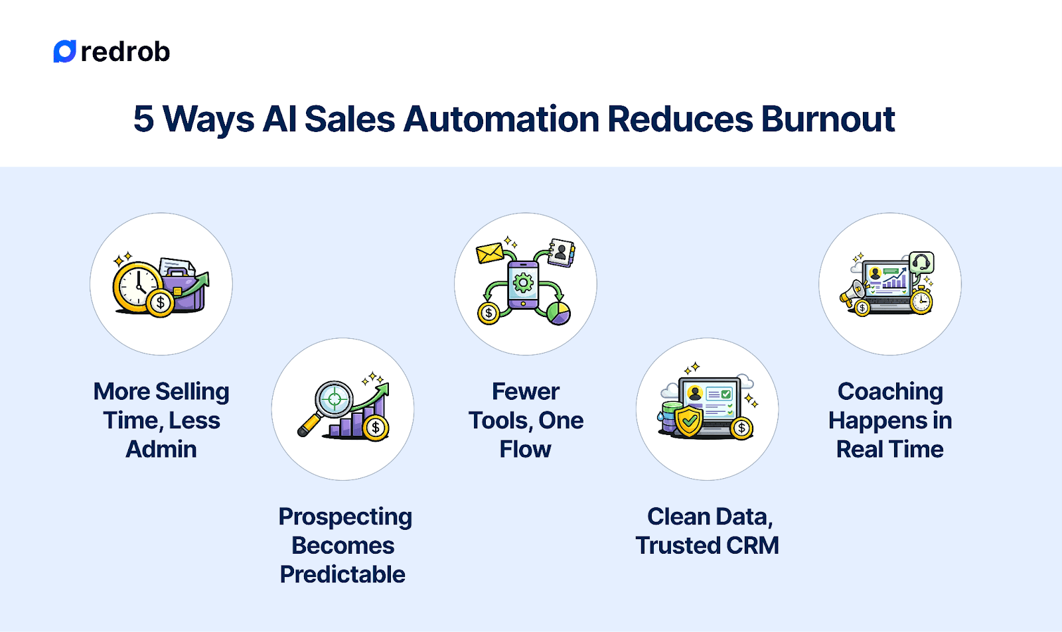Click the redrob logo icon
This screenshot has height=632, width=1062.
[64, 52]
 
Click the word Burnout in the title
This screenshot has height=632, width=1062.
[828, 119]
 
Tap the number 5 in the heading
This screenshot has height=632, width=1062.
[143, 119]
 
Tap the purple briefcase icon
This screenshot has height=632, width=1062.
[183, 290]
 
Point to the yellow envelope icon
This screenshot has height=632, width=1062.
[490, 253]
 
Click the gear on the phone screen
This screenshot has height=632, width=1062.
[523, 283]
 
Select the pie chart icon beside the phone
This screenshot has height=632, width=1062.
[558, 312]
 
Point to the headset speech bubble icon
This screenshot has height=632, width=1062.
[921, 263]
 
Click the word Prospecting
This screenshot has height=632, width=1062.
[345, 517]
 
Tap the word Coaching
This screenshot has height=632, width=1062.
[890, 391]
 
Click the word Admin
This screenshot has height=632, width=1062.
[161, 449]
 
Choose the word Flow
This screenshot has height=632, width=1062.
[525, 449]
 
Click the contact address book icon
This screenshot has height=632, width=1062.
[561, 252]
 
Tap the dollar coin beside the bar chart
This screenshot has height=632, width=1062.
[376, 428]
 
